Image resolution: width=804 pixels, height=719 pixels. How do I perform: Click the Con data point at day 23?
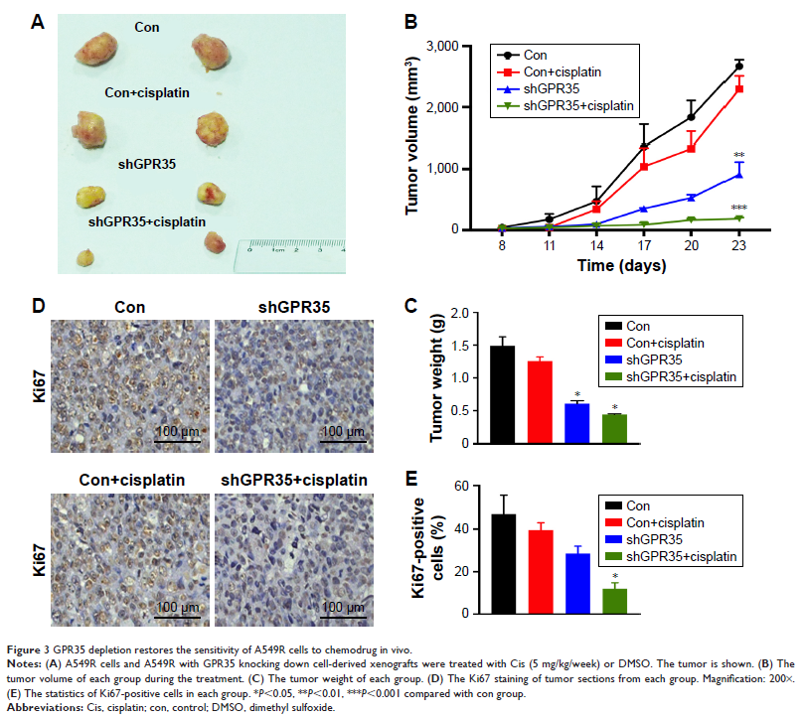tap(738, 66)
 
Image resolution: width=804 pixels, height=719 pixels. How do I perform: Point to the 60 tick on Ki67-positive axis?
tap(461, 486)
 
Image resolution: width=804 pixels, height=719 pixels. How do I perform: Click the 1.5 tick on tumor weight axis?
tap(459, 345)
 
